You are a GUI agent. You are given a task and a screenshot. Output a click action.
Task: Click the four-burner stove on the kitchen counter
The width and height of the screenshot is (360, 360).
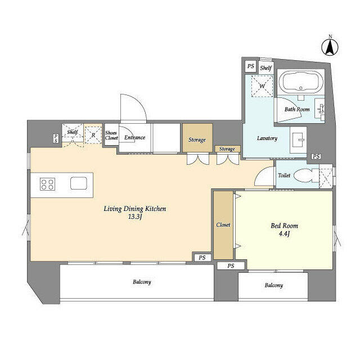pos(47,184)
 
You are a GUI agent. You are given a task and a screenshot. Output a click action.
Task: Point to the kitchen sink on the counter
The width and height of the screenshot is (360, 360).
pos(78,184)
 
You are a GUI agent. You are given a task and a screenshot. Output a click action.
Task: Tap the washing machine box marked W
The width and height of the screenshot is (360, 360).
pos(260,86)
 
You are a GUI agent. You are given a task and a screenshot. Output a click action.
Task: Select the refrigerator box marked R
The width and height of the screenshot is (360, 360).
pos(93,134)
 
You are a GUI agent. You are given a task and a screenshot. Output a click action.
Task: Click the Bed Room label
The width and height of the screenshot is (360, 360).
pos(284,226)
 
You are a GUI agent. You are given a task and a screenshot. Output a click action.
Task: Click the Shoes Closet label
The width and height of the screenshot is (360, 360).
pos(111,136)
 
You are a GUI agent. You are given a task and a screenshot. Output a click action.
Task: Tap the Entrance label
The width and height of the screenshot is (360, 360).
pos(135,137)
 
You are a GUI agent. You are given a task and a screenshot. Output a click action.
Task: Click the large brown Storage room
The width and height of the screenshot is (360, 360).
pos(197,139)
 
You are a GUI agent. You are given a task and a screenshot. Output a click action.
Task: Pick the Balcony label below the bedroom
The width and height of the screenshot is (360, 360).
pos(273,285)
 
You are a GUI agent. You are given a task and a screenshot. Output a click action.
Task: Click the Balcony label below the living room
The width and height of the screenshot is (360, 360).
pos(142,282)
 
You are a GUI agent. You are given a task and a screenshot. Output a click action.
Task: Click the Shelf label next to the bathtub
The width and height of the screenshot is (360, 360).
pos(265,68)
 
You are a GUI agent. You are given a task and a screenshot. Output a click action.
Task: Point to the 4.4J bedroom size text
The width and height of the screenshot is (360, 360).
pos(284,235)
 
